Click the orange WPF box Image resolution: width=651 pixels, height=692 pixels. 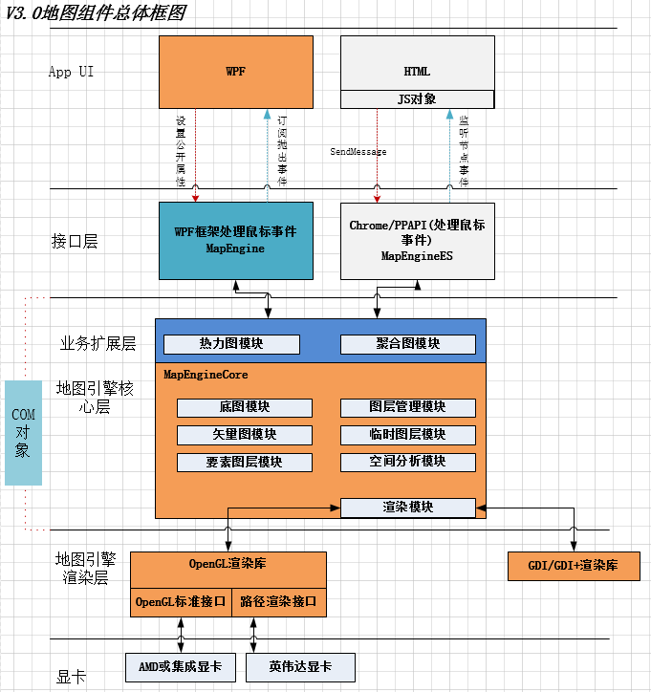pyautogui.click(x=235, y=72)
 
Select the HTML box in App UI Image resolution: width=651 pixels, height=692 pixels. pyautogui.click(x=418, y=63)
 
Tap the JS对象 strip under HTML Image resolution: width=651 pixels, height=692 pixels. pyautogui.click(x=418, y=99)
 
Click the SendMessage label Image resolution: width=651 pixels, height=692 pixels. pyautogui.click(x=358, y=152)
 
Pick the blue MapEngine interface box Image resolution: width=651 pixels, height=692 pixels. pyautogui.click(x=235, y=240)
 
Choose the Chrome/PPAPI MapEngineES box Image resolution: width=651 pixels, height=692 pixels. pyautogui.click(x=418, y=240)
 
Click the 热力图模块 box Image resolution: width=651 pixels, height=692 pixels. pyautogui.click(x=231, y=344)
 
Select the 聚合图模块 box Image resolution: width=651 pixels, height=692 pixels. pyautogui.click(x=408, y=344)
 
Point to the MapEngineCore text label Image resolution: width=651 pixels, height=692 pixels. pyautogui.click(x=206, y=375)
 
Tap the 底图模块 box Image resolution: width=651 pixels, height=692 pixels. pyautogui.click(x=245, y=407)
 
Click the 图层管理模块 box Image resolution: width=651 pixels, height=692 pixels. pyautogui.click(x=408, y=407)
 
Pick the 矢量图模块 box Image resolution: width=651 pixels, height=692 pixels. pyautogui.click(x=245, y=435)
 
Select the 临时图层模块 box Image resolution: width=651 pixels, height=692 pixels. pyautogui.click(x=408, y=435)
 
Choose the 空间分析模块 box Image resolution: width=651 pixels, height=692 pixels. pyautogui.click(x=408, y=463)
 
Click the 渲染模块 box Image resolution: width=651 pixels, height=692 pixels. pyautogui.click(x=408, y=508)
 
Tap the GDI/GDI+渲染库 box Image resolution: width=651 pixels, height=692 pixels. pyautogui.click(x=573, y=566)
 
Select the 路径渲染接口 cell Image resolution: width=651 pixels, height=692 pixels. pyautogui.click(x=279, y=603)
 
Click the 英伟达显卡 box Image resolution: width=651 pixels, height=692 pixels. pyautogui.click(x=300, y=666)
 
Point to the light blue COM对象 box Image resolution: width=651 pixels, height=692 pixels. pyautogui.click(x=23, y=433)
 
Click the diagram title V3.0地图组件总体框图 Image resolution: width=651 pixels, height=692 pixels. pyautogui.click(x=96, y=12)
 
